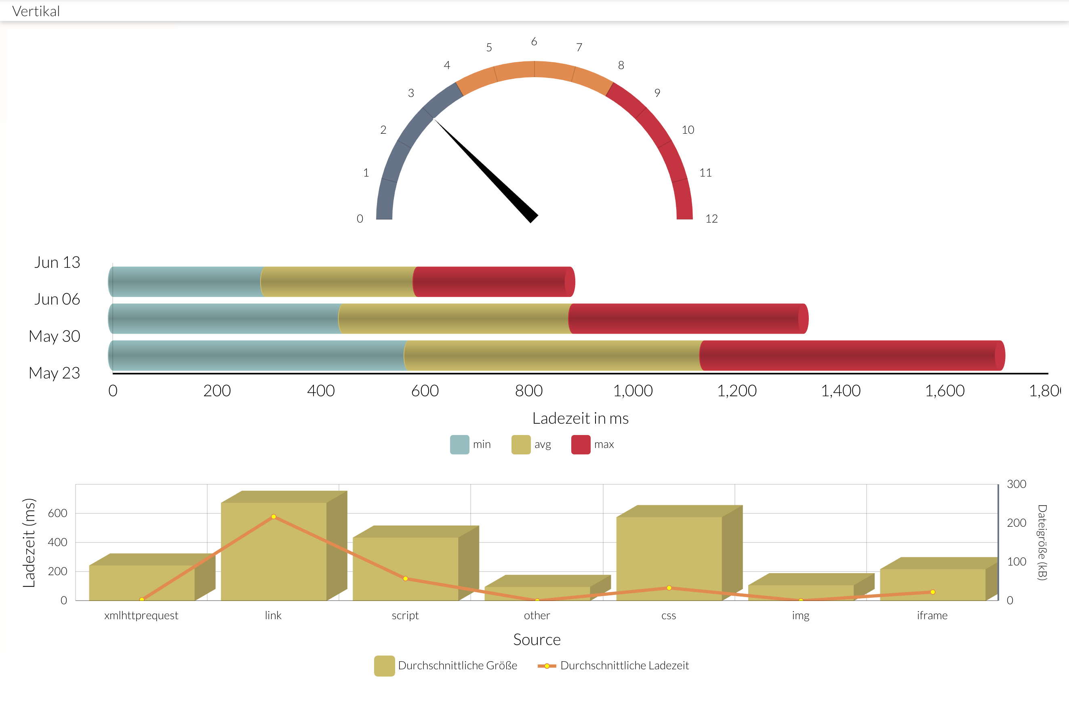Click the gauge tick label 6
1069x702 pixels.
pos(534,42)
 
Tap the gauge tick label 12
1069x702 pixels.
pos(711,219)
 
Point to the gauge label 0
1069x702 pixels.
pos(360,219)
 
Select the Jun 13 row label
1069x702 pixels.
pos(57,262)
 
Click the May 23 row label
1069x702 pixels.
pos(55,373)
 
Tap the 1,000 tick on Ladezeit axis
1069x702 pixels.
pos(633,391)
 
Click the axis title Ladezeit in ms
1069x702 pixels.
pos(580,418)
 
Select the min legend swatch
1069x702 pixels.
pos(459,445)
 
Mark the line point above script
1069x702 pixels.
pos(405,578)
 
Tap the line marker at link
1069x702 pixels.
pos(274,517)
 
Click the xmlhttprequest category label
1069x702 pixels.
pos(141,615)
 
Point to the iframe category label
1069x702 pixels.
pos(932,615)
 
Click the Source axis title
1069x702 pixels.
pos(537,639)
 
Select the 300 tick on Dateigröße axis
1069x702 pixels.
pos(1016,484)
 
